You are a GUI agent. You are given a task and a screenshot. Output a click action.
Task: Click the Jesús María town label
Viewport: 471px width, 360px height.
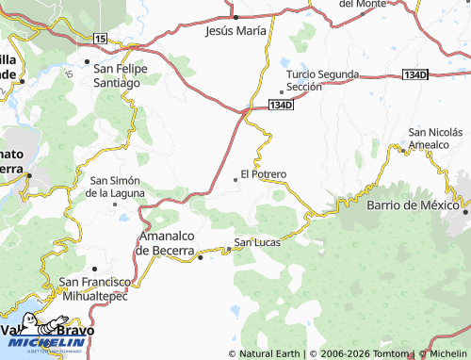pos(235,30)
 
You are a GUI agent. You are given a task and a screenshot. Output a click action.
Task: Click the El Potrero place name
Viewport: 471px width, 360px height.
pos(264,173)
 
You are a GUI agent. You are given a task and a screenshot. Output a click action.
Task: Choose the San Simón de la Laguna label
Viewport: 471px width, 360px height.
pos(116,186)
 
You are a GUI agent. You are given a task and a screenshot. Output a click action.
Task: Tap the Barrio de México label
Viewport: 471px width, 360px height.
pos(412,205)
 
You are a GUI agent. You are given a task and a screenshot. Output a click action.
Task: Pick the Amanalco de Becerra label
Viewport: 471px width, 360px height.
pos(166,243)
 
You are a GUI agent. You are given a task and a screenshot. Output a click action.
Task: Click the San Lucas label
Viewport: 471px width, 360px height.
pos(257,242)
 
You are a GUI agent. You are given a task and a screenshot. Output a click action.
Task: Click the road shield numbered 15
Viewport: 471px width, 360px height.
pos(101,38)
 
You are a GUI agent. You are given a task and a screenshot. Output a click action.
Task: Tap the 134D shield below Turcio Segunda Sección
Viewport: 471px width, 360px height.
pos(281,106)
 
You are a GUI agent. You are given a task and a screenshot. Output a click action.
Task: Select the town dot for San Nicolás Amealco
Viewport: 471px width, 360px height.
pos(402,149)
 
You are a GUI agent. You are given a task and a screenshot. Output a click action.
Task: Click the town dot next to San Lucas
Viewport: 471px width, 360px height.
pos(227,250)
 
